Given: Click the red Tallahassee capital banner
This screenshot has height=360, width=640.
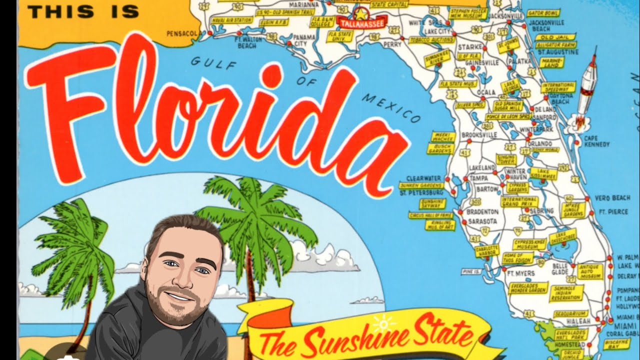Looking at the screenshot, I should point(360,22).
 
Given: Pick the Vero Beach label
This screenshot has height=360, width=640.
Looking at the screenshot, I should point(612,198).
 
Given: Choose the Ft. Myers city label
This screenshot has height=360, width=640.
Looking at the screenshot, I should point(520,273).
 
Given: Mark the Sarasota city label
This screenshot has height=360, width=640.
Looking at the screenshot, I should point(482,220).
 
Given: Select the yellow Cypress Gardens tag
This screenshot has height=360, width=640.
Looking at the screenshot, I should point(517,187).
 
